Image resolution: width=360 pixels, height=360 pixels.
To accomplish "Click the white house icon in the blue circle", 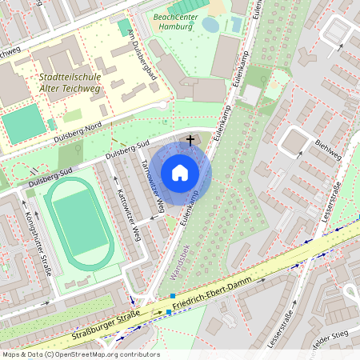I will click(x=180, y=172).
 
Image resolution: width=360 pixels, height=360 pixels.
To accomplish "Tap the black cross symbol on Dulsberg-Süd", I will click(x=190, y=140).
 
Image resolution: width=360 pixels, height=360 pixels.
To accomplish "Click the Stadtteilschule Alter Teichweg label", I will click(x=70, y=82).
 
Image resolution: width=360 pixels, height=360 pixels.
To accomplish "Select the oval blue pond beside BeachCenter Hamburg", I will click(x=210, y=25).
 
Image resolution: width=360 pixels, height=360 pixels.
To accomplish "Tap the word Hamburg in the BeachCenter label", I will click(x=173, y=26).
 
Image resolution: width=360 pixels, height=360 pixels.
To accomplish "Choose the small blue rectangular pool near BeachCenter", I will click(x=236, y=25).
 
